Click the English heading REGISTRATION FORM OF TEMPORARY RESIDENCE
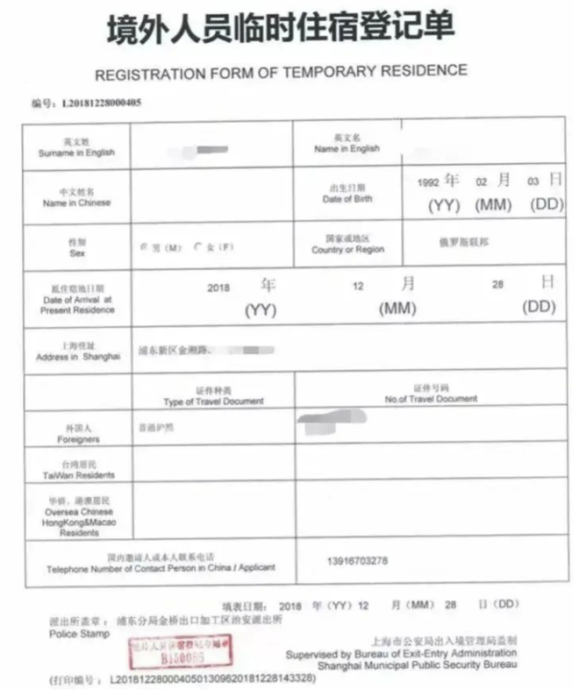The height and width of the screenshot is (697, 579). pyautogui.click(x=281, y=71)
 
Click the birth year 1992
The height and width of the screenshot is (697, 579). pyautogui.click(x=428, y=183)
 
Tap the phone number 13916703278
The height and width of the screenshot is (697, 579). pyautogui.click(x=355, y=561)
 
